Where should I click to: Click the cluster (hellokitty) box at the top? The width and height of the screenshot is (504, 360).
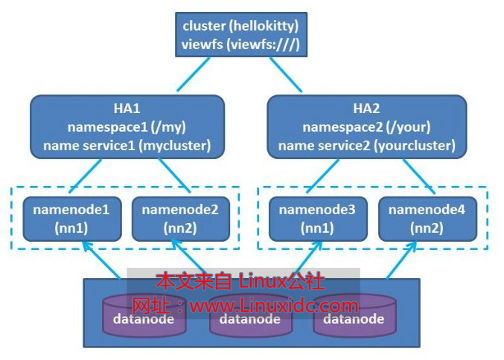[240, 35]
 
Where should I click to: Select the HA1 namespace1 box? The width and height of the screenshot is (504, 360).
[127, 126]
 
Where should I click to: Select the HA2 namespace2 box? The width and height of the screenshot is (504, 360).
[366, 126]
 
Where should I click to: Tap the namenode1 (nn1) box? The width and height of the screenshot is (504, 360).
[71, 219]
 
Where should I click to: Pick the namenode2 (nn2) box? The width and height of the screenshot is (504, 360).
[179, 219]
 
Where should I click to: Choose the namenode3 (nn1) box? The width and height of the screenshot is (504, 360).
[317, 219]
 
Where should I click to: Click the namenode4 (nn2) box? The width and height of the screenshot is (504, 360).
[427, 219]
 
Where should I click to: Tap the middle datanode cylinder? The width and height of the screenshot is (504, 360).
[246, 318]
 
